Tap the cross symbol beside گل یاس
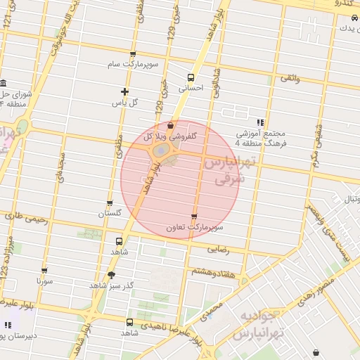coord(125,91)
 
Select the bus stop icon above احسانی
coord(191,78)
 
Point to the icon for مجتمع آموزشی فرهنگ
coord(260,122)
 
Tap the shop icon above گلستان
coord(110,202)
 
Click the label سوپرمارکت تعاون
coord(195,228)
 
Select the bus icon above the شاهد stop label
coord(117,240)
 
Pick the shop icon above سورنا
coord(44,270)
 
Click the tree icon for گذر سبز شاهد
coord(110,275)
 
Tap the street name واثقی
coord(290,78)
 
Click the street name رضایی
coord(219,249)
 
